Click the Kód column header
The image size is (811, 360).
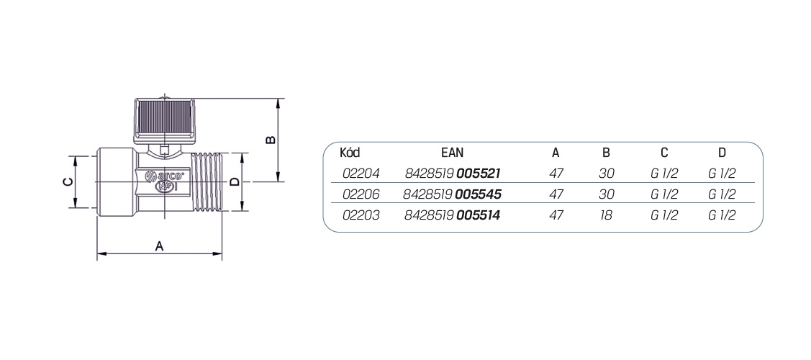coord(350,153)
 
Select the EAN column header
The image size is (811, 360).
coord(453,153)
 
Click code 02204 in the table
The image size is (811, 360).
coord(361,174)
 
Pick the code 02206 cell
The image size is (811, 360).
coord(361,194)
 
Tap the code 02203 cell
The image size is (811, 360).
coord(361,215)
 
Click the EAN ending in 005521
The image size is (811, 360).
coord(453,174)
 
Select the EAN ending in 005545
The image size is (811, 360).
coord(453,194)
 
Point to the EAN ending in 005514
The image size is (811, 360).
coord(453,215)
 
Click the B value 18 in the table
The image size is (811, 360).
coord(606,215)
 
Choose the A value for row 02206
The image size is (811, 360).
coord(556,194)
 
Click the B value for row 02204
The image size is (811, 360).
coord(606,174)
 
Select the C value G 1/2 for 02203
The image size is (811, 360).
coord(664,215)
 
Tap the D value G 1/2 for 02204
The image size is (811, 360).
coord(722,174)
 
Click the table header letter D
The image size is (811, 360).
coord(722,153)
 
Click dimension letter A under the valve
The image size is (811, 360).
coord(160,246)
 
